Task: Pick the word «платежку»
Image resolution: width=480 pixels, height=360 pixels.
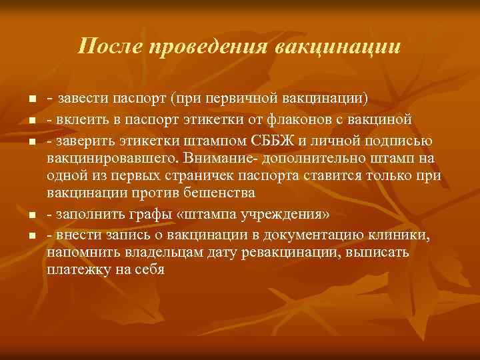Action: click(77, 271)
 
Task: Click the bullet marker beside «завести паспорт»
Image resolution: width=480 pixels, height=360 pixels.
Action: click(31, 101)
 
